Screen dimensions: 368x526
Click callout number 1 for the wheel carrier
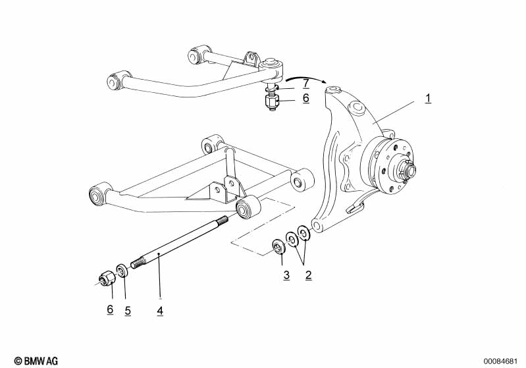click(428, 99)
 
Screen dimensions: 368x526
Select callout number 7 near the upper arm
click(305, 84)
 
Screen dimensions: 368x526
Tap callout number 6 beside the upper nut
click(305, 98)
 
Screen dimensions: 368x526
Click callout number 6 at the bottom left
click(110, 309)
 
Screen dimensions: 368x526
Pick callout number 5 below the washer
click(128, 309)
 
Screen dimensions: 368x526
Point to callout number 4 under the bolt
click(159, 309)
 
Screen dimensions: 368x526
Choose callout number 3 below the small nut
click(286, 275)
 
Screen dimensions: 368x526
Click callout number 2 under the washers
click(308, 275)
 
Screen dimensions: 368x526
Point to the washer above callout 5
click(122, 270)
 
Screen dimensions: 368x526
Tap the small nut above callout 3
click(278, 247)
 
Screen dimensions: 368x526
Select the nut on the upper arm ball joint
click(271, 103)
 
